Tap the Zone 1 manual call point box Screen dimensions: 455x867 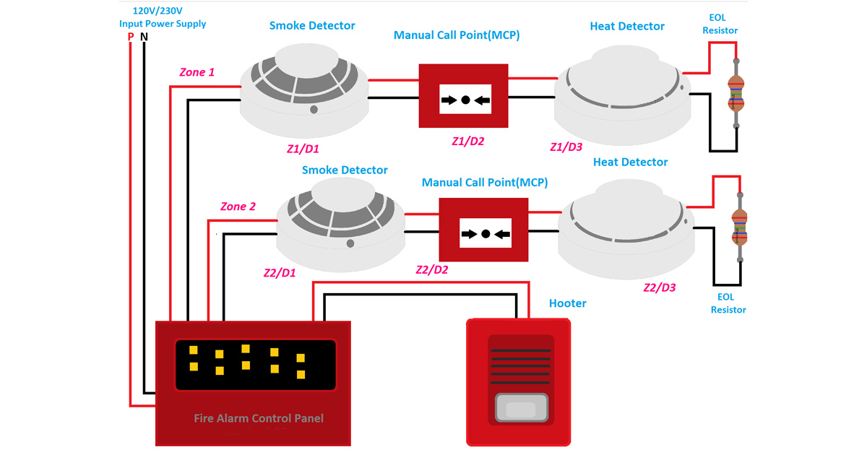coord(465,96)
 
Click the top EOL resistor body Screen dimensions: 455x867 coord(736,92)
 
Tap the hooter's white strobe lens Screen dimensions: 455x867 coord(521,409)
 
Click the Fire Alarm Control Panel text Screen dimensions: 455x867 coord(259,418)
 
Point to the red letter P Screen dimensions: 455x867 coord(131,36)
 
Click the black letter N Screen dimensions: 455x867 coord(144,36)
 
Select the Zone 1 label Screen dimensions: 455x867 coord(197,72)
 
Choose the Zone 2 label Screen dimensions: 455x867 coord(238,207)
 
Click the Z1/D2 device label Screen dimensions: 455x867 coord(467,142)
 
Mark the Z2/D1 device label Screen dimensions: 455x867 coord(280,274)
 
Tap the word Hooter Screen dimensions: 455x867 coord(567,303)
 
